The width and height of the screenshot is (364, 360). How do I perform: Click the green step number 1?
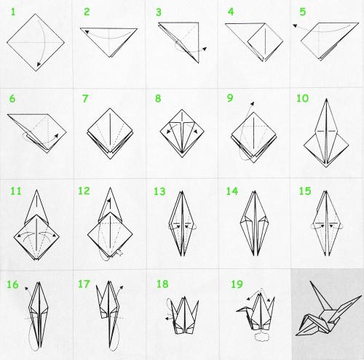click(13, 12)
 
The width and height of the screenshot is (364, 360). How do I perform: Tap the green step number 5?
click(302, 12)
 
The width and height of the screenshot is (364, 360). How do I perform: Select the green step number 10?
click(302, 98)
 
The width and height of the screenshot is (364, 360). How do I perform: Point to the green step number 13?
click(159, 191)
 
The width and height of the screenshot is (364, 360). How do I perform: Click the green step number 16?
click(12, 284)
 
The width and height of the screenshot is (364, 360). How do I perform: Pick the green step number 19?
click(237, 284)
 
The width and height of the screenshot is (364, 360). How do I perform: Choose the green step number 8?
click(158, 98)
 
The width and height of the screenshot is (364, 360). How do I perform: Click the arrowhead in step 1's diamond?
click(39, 64)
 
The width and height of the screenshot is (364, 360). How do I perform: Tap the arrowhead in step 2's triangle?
click(87, 31)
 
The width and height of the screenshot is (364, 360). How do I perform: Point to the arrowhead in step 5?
click(295, 25)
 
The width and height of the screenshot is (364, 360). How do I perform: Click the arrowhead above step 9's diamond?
click(253, 103)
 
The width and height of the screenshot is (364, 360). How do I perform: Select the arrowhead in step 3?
click(205, 49)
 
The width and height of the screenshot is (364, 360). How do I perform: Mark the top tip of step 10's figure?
click(327, 99)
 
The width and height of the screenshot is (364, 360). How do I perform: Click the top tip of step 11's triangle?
click(36, 190)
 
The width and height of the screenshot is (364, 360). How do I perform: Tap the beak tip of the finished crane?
click(296, 335)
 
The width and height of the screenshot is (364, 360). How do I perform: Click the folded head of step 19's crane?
click(242, 310)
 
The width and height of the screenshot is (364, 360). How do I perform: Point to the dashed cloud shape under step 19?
click(261, 337)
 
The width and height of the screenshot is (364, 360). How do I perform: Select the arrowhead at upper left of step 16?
click(26, 289)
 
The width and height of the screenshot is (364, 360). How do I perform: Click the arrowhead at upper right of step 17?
click(122, 287)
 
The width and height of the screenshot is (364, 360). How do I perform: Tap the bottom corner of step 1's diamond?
click(36, 71)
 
